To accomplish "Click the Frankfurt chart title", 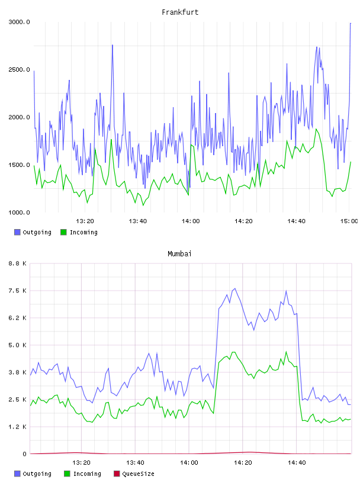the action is (x=180, y=12).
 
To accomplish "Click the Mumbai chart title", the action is (x=179, y=254).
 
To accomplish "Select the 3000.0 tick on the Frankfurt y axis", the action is (x=20, y=22).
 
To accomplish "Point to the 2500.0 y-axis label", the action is (x=20, y=70).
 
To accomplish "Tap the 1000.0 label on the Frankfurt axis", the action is (x=20, y=212).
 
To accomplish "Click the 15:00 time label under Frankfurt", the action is (x=349, y=221).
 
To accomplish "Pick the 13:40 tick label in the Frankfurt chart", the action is (x=138, y=221).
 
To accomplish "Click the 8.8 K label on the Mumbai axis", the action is (x=18, y=263).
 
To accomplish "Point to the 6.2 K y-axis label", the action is (x=18, y=318).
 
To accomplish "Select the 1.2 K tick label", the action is (x=18, y=427).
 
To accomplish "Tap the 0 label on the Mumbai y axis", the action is (x=25, y=454).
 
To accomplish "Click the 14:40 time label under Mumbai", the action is (x=297, y=463).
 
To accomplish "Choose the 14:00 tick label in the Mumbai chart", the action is (x=189, y=463).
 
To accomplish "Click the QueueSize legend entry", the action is (x=138, y=474).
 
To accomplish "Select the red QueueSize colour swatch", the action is (x=117, y=474).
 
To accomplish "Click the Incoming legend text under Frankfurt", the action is (x=83, y=232).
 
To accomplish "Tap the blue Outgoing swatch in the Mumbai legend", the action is (x=17, y=474).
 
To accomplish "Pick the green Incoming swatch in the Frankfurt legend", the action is (x=63, y=232).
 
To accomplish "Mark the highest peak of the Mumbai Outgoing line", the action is (x=235, y=289).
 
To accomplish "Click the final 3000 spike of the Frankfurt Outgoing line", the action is (x=351, y=23).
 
